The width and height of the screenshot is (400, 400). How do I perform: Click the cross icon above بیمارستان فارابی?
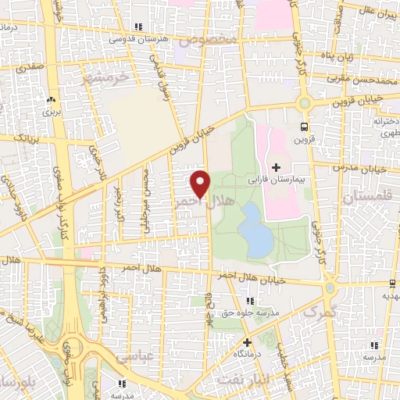pyautogui.click(x=276, y=166)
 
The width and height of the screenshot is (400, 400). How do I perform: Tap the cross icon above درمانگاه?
pyautogui.click(x=246, y=341)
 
